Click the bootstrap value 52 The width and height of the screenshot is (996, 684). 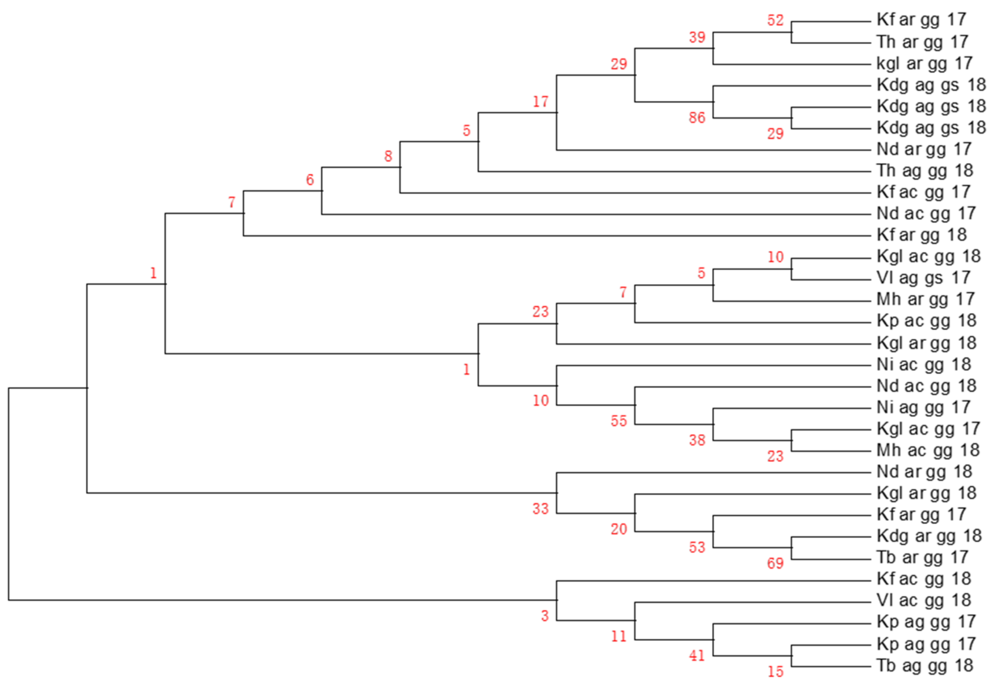tap(775, 20)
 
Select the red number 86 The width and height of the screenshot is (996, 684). tap(697, 117)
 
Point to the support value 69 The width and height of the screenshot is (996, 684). tap(775, 563)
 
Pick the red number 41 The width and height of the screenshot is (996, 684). tap(697, 655)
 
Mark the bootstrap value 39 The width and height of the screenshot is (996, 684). tap(697, 37)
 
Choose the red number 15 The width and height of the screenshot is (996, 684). tap(775, 671)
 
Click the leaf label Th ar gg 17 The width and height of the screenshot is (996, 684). tap(922, 42)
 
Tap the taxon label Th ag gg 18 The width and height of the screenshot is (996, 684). tap(925, 171)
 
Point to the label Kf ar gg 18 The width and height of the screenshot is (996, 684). tap(922, 235)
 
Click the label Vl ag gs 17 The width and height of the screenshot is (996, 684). tap(923, 278)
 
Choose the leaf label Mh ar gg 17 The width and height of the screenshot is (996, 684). tap(926, 299)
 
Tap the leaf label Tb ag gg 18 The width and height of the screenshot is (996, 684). tap(925, 665)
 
